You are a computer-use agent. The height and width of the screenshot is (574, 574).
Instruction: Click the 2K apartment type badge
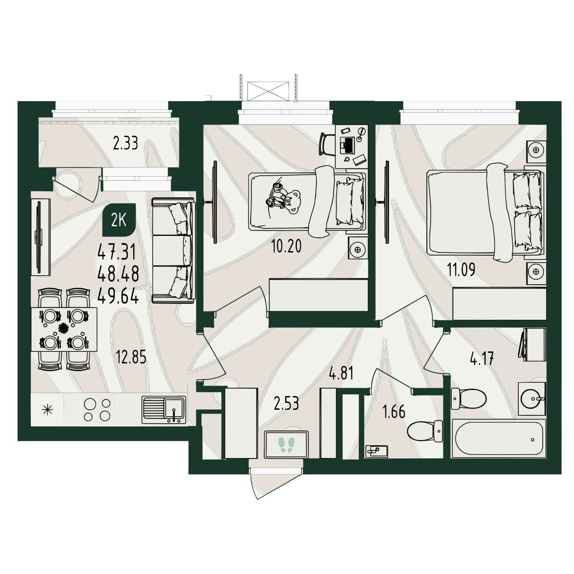click(x=119, y=219)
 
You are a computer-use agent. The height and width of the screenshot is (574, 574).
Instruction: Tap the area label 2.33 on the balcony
click(x=126, y=143)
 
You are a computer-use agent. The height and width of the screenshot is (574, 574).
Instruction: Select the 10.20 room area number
click(x=286, y=246)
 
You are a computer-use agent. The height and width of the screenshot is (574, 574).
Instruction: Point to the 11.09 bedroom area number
click(x=461, y=270)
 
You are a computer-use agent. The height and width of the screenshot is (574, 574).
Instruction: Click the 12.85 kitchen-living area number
click(x=132, y=357)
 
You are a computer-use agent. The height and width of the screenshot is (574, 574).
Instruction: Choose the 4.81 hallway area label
click(x=342, y=373)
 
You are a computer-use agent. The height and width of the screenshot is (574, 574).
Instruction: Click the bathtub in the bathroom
click(x=498, y=438)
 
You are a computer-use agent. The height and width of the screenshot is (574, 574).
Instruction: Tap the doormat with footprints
click(x=286, y=444)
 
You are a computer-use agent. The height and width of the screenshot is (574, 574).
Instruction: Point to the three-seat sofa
click(x=174, y=251)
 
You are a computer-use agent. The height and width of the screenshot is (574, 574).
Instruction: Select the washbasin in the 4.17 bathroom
click(x=532, y=399)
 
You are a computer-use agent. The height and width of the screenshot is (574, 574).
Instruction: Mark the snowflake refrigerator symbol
click(x=47, y=410)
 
